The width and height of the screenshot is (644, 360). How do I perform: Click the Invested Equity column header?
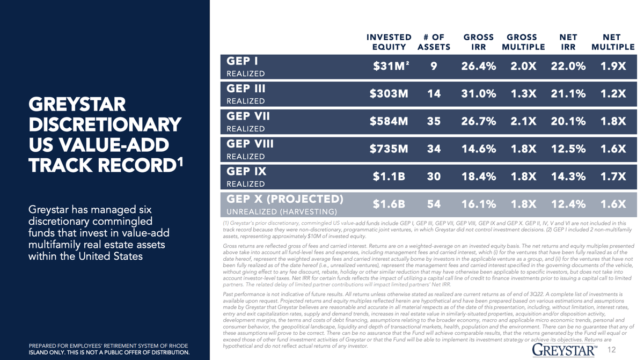389,42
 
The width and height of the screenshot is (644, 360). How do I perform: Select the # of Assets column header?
434,42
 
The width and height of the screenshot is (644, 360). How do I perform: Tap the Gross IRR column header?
478,42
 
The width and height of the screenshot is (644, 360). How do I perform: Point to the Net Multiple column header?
613,42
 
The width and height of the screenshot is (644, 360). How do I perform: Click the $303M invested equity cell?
389,93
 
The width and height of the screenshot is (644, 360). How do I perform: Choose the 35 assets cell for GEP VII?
434,121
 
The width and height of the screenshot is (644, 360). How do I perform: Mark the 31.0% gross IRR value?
479,93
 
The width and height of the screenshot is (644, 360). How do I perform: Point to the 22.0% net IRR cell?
568,66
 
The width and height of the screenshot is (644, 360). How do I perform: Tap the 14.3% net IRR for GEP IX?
568,177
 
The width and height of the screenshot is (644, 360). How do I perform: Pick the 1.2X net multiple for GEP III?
613,93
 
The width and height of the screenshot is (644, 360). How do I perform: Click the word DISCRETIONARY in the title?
105,124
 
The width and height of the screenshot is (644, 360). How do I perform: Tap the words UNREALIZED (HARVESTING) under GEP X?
282,212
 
